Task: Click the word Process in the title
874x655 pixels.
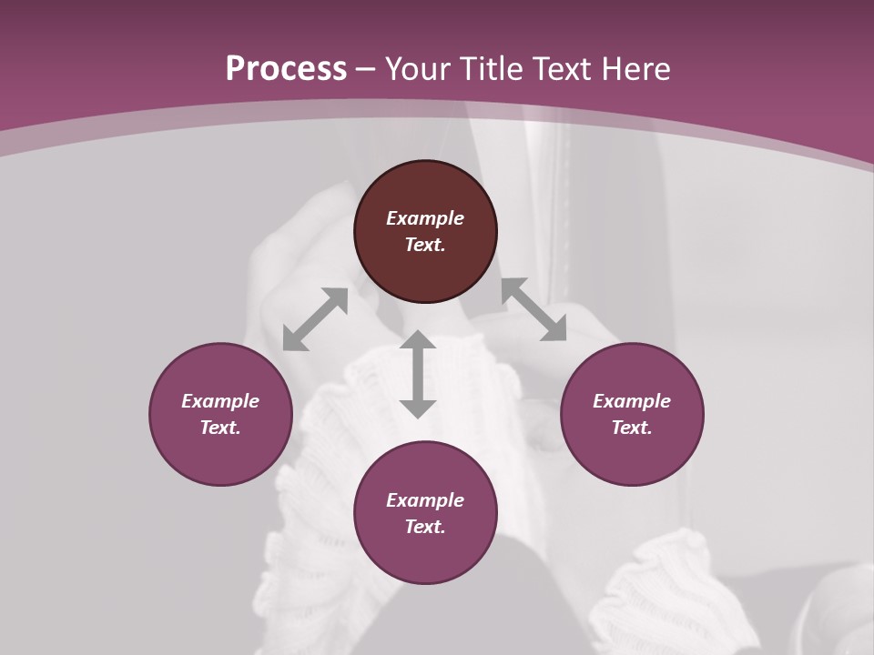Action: (286, 69)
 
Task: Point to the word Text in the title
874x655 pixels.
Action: (564, 69)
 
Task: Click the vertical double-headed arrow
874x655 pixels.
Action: (418, 374)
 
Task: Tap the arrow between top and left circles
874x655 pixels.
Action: (315, 318)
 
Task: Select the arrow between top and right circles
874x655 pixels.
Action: (534, 309)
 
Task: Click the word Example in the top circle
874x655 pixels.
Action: (425, 218)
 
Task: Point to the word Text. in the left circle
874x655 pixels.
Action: (220, 428)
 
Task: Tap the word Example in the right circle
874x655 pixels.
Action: (632, 401)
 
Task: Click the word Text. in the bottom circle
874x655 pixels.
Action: (425, 527)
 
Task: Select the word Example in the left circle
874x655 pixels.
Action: (220, 401)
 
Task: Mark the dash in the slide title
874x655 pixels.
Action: (366, 69)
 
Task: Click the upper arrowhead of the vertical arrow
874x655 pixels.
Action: (418, 339)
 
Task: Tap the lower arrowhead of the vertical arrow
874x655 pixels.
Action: (418, 408)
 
